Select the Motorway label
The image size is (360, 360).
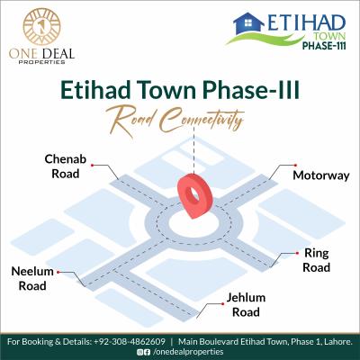point(315,175)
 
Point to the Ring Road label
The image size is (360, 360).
point(316,260)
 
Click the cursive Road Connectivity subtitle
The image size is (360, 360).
point(179,117)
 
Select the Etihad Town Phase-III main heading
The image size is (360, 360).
point(179,91)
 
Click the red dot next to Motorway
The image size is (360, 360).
point(289,166)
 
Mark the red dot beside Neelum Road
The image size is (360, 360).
point(58,270)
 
